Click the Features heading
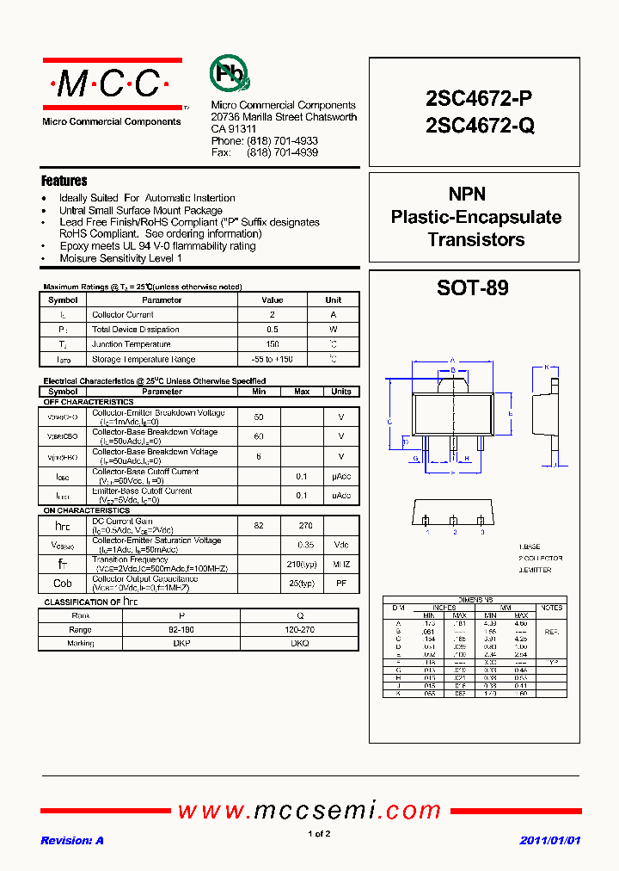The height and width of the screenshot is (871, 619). click(x=64, y=181)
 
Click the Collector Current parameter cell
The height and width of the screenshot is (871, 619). click(x=123, y=315)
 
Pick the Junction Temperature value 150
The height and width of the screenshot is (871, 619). click(x=272, y=344)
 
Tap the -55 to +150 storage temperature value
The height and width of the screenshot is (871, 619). click(x=272, y=359)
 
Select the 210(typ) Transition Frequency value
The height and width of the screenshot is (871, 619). click(x=302, y=564)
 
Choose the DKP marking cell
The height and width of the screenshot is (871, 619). click(x=181, y=643)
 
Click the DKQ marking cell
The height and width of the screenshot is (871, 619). click(x=299, y=643)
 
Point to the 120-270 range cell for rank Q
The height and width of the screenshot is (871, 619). click(x=299, y=629)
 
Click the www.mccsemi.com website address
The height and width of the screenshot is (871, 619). click(x=309, y=810)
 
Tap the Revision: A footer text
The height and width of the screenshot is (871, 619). click(x=72, y=840)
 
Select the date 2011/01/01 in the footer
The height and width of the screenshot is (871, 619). click(x=550, y=840)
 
